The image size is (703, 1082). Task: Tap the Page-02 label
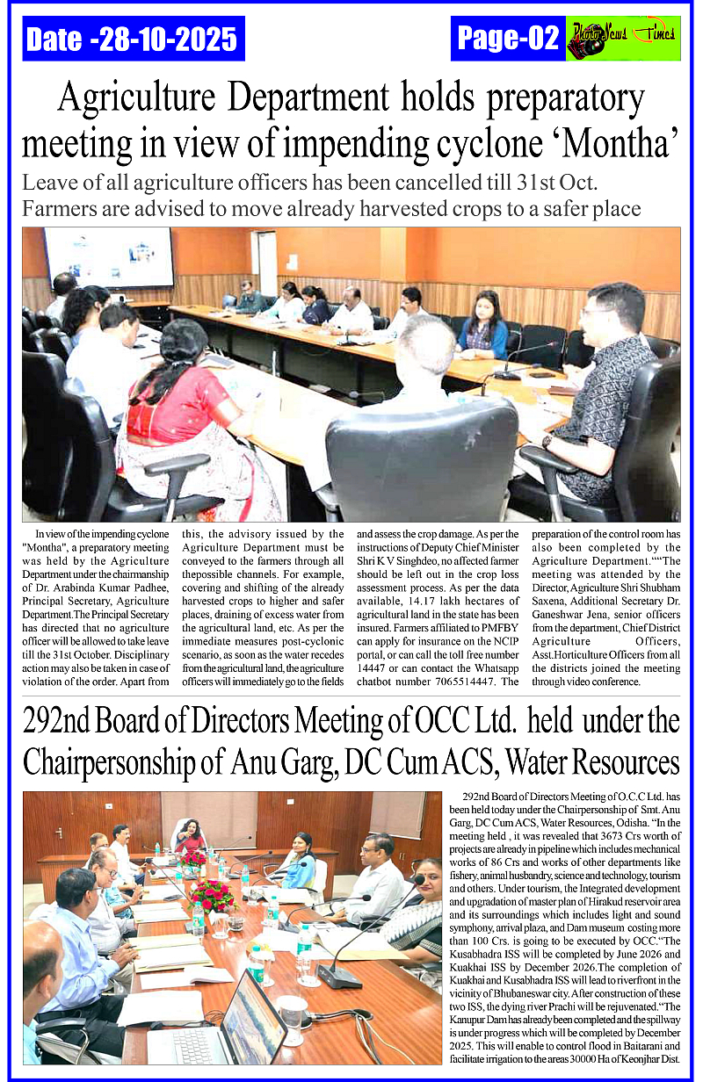509,38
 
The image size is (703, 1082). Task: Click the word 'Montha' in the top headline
620,141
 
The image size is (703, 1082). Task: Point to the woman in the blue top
482,326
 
